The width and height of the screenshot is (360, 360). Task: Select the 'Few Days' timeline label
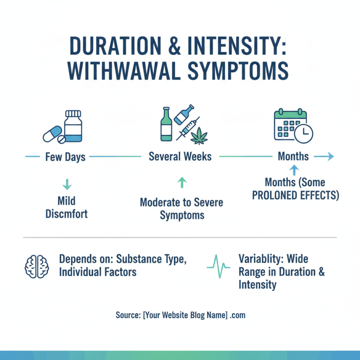65,157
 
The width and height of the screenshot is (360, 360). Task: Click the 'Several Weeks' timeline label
180,157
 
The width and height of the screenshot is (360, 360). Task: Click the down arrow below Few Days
66,184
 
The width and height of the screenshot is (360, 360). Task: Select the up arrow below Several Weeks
181,182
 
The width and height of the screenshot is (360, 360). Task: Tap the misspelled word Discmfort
67,213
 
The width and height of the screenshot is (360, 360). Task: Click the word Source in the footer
127,315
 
